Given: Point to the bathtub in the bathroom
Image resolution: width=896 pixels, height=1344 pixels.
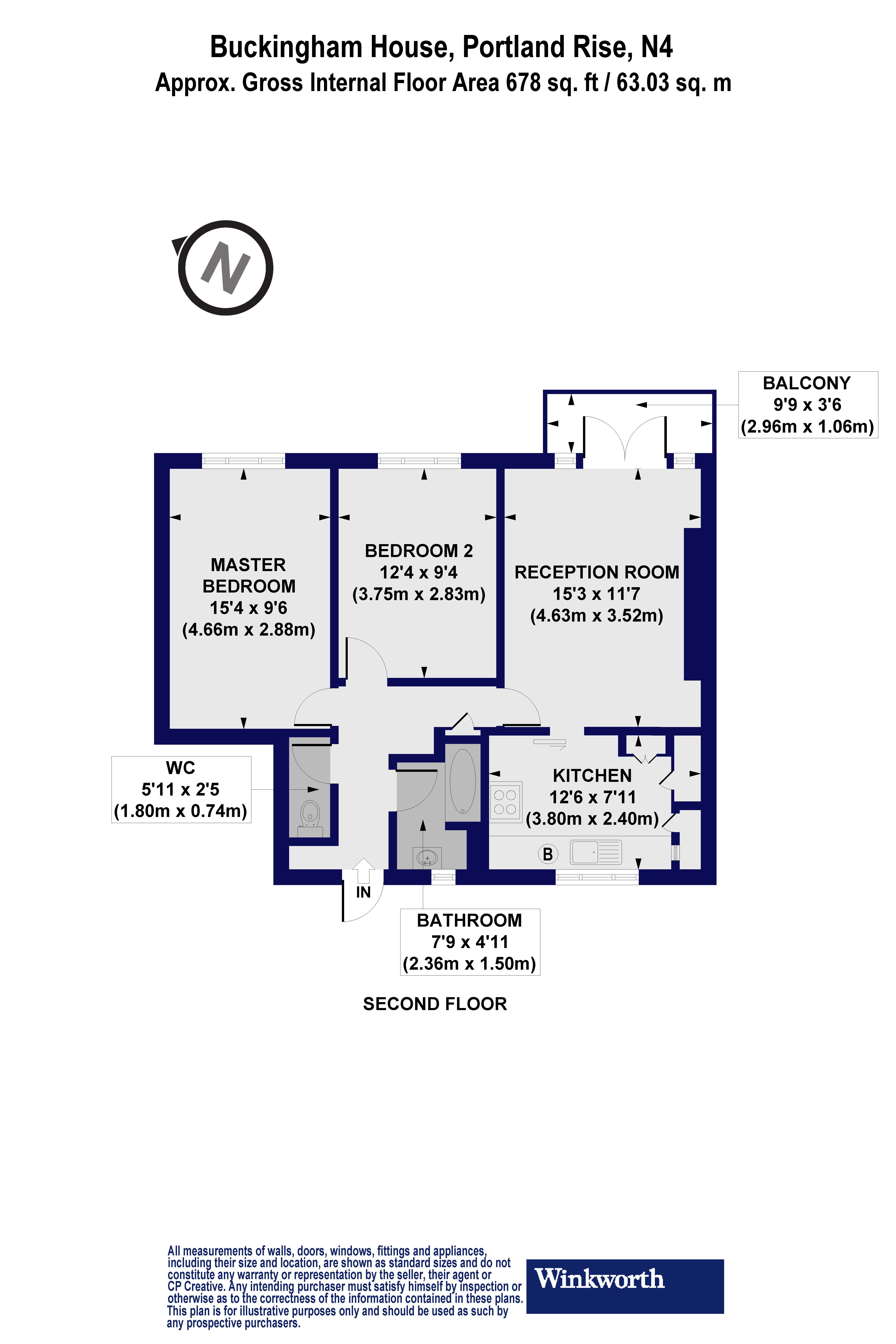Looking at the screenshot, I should coord(462,781).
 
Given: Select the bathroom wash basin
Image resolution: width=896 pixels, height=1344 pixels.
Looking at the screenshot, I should coord(427,858).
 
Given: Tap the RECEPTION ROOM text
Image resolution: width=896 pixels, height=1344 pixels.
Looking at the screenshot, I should coord(597,572).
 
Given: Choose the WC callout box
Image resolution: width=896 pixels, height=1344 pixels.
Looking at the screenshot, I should coord(181,789).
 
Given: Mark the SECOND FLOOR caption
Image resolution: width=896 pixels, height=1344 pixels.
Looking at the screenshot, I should coord(435,1004).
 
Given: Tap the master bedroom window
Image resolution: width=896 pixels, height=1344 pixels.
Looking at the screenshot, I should coord(243,461).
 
